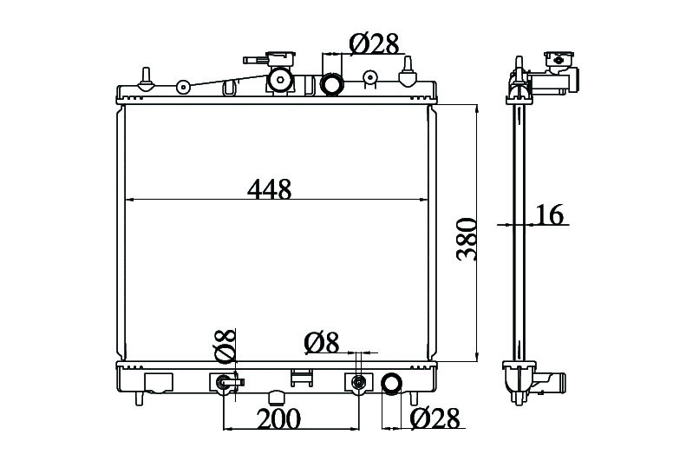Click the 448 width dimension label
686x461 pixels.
point(269,189)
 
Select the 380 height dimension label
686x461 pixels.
point(467,240)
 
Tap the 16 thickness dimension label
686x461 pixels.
point(550,215)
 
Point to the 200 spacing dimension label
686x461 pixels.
point(278,418)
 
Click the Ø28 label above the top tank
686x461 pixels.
point(375,43)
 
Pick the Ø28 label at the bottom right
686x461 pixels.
point(435,418)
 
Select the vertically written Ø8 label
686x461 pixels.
point(225,346)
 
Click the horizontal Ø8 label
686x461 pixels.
point(322,343)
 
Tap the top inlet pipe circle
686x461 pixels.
point(331,84)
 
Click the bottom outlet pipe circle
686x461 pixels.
point(391,384)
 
